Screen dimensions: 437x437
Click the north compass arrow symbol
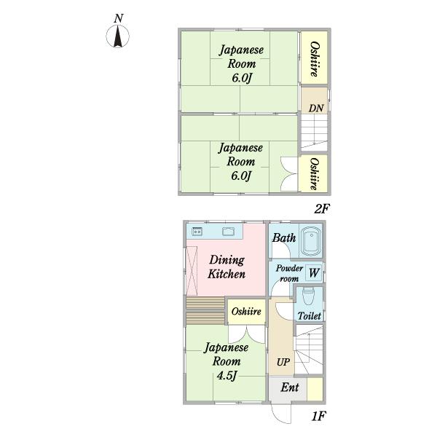(x=117, y=36)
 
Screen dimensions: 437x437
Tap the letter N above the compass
(x=119, y=18)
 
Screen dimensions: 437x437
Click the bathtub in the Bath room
(x=311, y=241)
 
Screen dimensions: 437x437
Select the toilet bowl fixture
(x=308, y=296)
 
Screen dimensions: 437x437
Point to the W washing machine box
(x=314, y=272)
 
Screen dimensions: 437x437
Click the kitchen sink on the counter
(x=228, y=232)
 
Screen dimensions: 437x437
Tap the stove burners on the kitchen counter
(x=197, y=232)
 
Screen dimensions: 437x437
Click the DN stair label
(x=316, y=108)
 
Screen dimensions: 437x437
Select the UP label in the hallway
(x=283, y=362)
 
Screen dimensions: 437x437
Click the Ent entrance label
(x=290, y=387)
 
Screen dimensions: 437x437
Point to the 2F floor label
(x=322, y=209)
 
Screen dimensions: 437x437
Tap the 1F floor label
(x=318, y=417)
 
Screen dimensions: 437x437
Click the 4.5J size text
(x=227, y=376)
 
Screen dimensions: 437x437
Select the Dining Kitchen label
(x=227, y=267)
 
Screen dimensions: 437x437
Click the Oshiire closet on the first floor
(x=246, y=312)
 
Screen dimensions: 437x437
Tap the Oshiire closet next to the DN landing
(x=314, y=59)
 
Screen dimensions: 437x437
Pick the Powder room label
(x=289, y=273)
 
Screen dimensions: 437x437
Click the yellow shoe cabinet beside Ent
(x=315, y=389)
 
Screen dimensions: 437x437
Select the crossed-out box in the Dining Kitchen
(x=192, y=271)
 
